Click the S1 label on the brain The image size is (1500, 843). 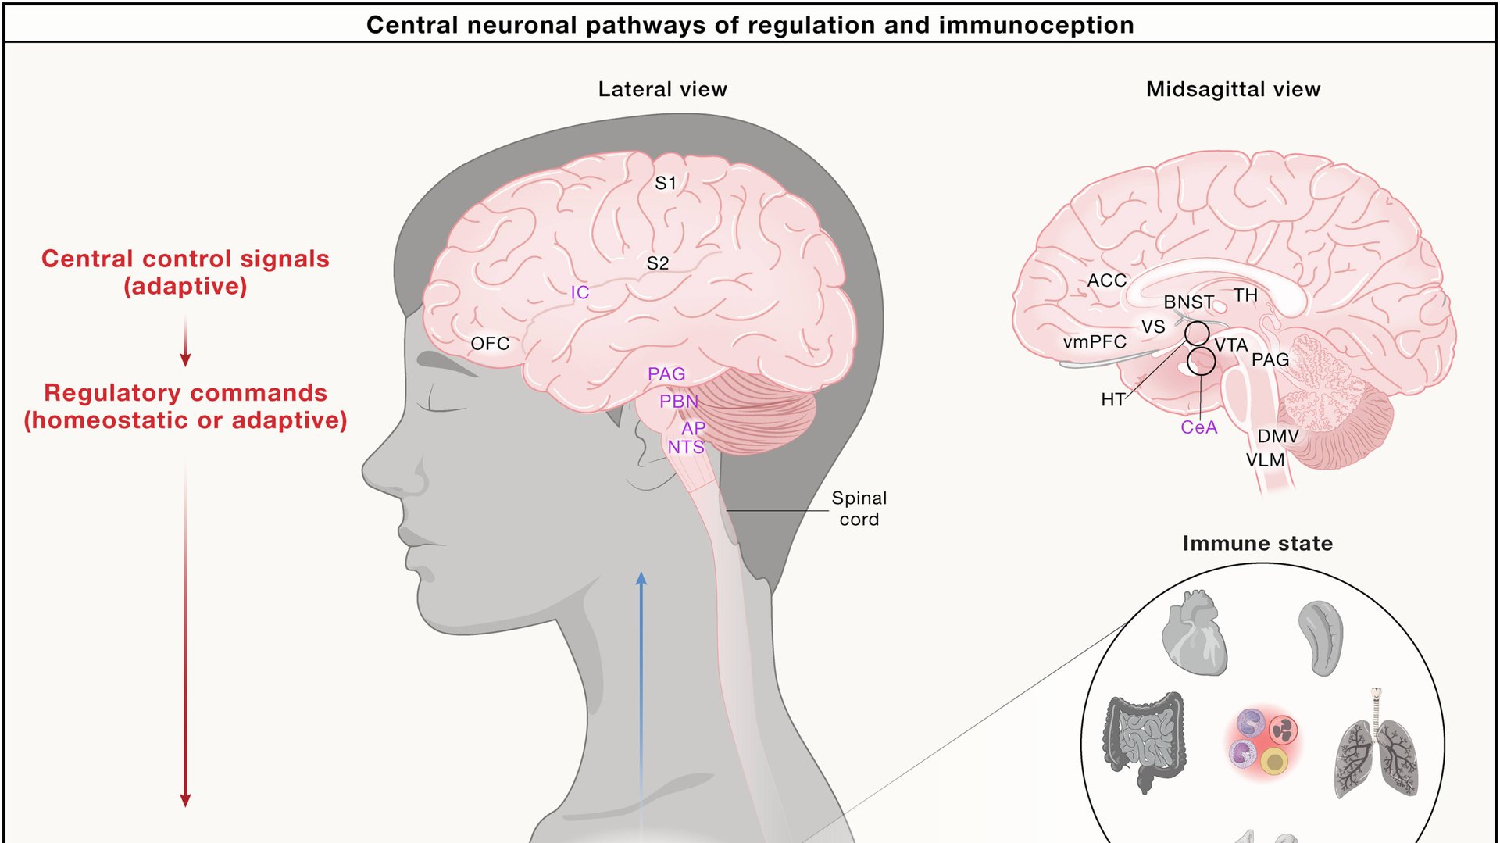(666, 184)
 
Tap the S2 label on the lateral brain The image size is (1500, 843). (658, 264)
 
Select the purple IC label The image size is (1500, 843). (580, 293)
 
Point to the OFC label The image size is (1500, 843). (490, 344)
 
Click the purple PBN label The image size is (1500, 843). (678, 402)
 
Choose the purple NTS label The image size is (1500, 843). (685, 448)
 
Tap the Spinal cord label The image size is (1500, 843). (859, 509)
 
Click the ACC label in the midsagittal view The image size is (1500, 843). (1107, 280)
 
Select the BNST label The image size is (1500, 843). (1188, 302)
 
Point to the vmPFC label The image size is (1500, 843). (1095, 342)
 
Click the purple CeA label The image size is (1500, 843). (1198, 427)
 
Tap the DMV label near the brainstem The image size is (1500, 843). (1278, 436)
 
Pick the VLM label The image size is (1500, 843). (1265, 460)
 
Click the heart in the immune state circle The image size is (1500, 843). (1194, 632)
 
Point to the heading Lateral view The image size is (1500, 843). (662, 90)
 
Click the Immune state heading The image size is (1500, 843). (1257, 544)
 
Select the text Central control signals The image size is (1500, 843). (185, 259)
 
